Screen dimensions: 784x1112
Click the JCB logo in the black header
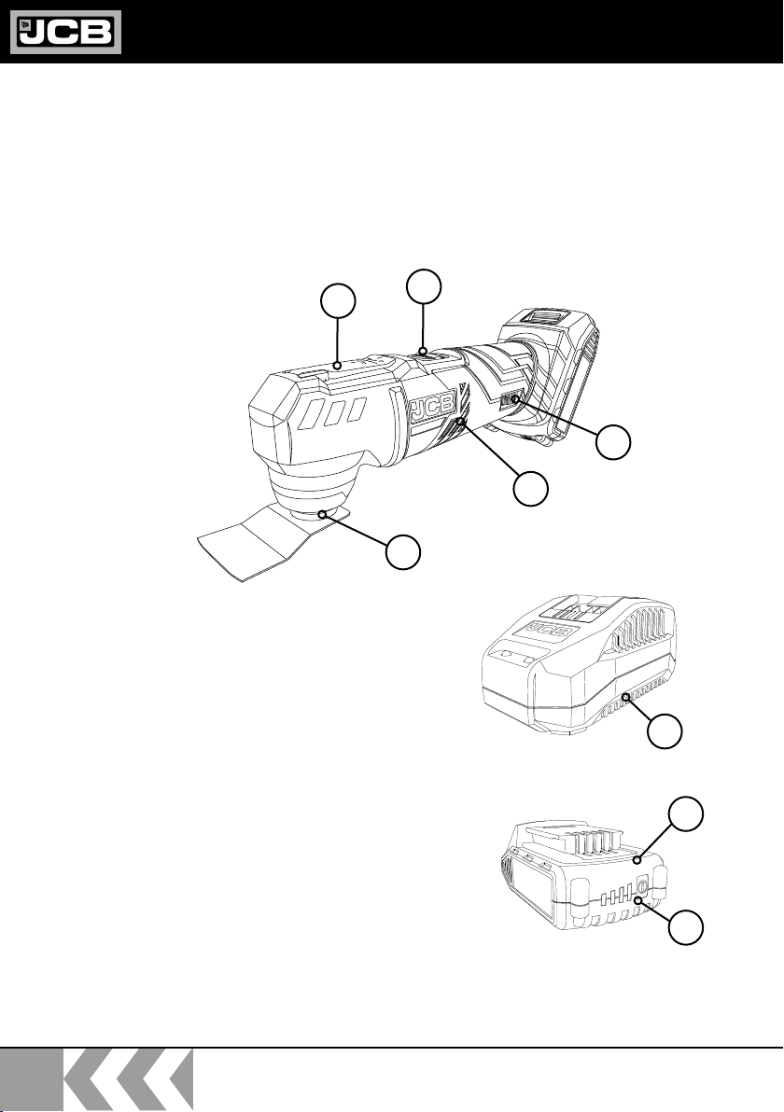coord(65,32)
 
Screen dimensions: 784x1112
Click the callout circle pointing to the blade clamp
coord(403,552)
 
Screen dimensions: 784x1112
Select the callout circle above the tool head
coord(338,301)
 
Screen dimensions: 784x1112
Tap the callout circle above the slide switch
coord(424,286)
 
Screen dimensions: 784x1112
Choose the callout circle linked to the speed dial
coord(613,442)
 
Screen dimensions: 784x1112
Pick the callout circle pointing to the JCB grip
coord(531,490)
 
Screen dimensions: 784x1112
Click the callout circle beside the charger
coord(665,731)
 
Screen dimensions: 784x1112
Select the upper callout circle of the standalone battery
coord(687,813)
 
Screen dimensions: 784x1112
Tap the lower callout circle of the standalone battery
coord(687,927)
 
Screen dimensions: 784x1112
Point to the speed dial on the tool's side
coord(510,402)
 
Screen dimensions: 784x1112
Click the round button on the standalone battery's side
coord(643,885)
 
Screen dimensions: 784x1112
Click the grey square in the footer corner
coord(31,1079)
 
